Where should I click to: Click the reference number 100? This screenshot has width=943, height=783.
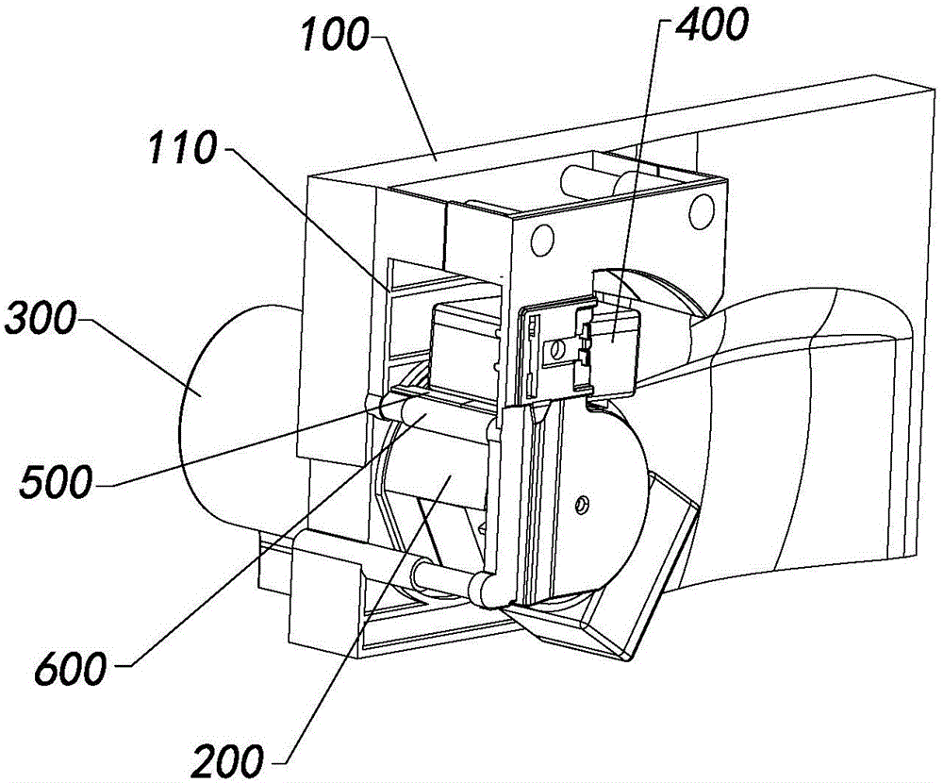(x=335, y=34)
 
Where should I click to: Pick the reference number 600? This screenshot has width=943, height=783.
(x=71, y=667)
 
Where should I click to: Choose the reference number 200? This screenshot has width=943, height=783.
(x=228, y=760)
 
